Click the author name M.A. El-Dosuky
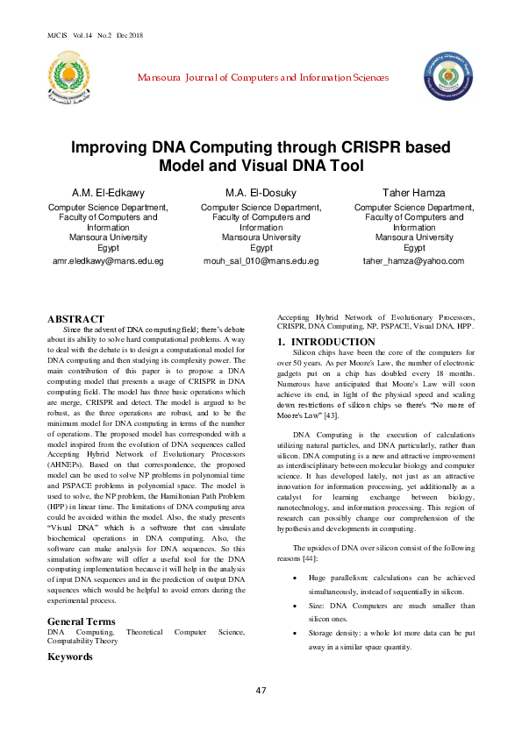(261, 192)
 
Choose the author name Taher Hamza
(414, 192)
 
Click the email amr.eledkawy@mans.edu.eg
(108, 261)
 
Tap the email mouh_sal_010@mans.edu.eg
(261, 261)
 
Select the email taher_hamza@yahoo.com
(413, 261)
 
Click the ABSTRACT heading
(75, 319)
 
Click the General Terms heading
(81, 621)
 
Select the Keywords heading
(70, 656)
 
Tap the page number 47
(261, 714)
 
